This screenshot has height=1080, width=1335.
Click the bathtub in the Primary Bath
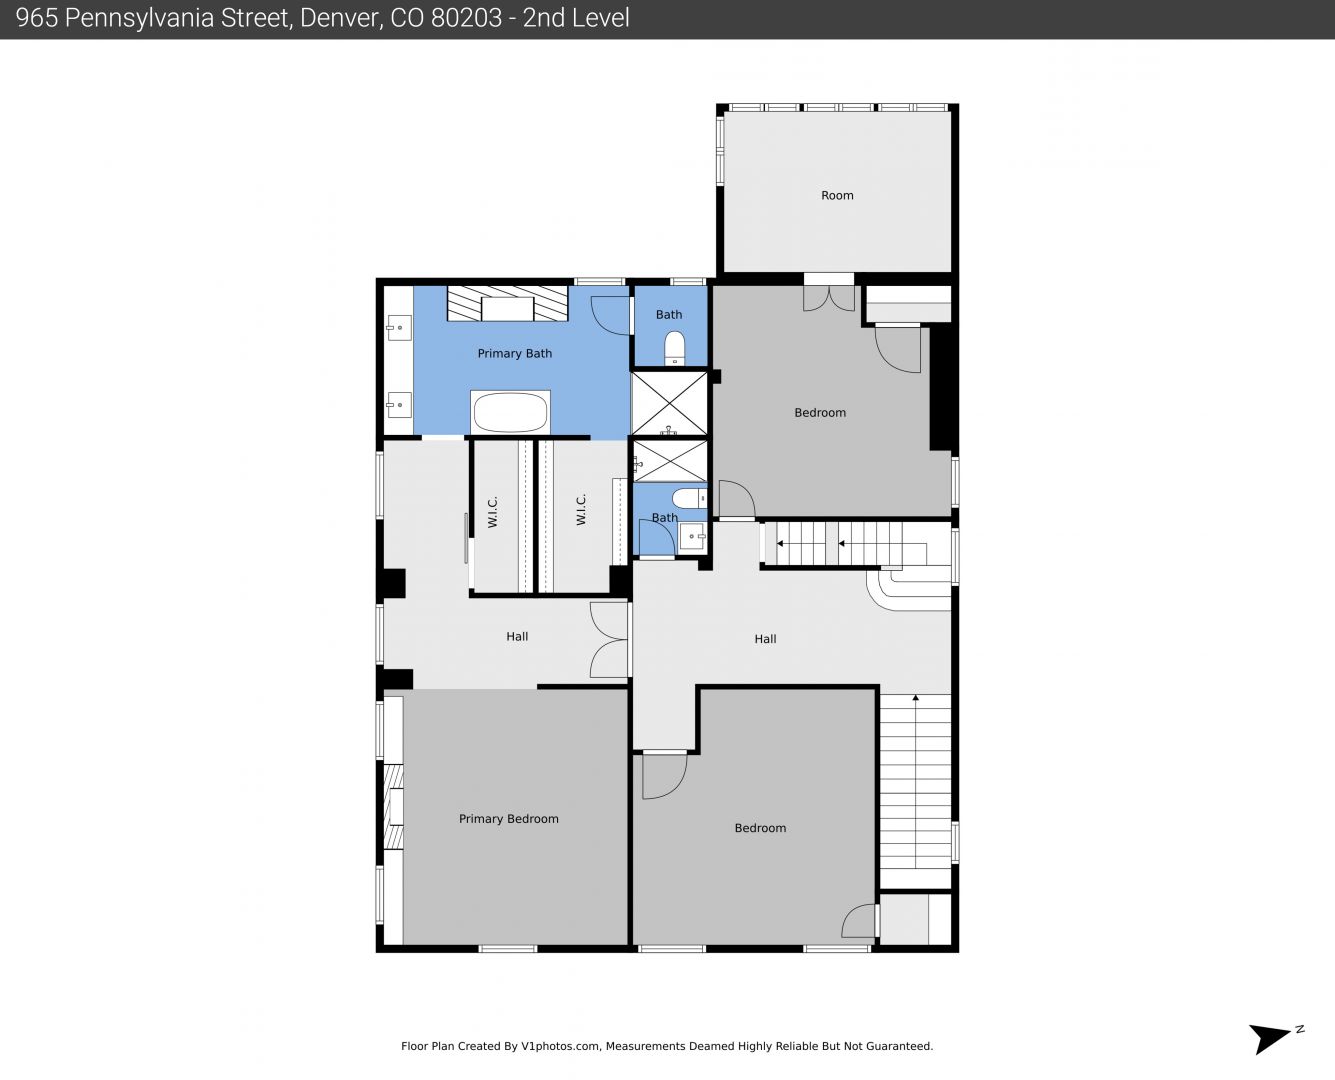tap(510, 412)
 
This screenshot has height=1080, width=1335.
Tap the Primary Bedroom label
tap(508, 819)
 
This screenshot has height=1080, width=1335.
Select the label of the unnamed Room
tap(837, 196)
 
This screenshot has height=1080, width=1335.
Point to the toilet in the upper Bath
tap(674, 349)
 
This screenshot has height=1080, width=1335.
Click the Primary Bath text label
tap(515, 354)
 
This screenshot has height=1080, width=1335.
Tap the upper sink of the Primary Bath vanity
tap(399, 328)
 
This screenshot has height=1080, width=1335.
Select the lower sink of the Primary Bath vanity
tap(399, 405)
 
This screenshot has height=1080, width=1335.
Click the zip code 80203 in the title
tap(466, 18)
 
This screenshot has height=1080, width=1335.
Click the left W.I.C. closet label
tap(493, 512)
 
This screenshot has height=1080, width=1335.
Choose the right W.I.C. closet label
tap(581, 509)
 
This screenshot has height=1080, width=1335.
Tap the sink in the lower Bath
tap(692, 537)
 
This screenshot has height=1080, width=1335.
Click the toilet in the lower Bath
tap(689, 499)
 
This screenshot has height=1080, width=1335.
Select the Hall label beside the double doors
tap(517, 637)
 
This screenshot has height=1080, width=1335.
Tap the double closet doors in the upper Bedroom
tap(829, 298)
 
